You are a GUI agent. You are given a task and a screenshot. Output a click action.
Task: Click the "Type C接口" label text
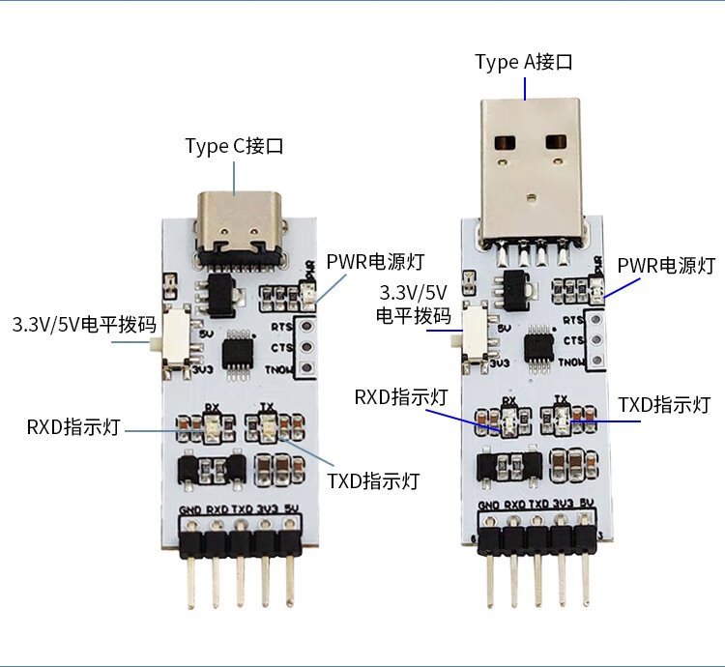234,147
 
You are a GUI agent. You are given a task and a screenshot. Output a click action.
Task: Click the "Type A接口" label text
524,63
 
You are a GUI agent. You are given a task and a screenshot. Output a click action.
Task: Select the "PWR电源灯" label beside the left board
375,262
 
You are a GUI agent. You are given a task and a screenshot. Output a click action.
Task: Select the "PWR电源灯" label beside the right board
666,265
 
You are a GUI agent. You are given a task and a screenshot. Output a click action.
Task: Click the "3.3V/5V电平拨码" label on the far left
84,324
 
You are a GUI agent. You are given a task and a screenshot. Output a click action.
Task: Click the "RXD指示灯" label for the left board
73,427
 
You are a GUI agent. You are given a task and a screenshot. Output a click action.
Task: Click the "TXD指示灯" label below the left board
373,480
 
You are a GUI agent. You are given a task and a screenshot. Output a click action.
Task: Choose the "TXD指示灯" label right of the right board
664,405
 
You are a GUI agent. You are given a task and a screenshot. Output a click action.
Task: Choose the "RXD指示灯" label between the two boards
400,396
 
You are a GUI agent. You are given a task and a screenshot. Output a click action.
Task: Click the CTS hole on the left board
306,347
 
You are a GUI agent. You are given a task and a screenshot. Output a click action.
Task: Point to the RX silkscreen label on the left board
212,408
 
